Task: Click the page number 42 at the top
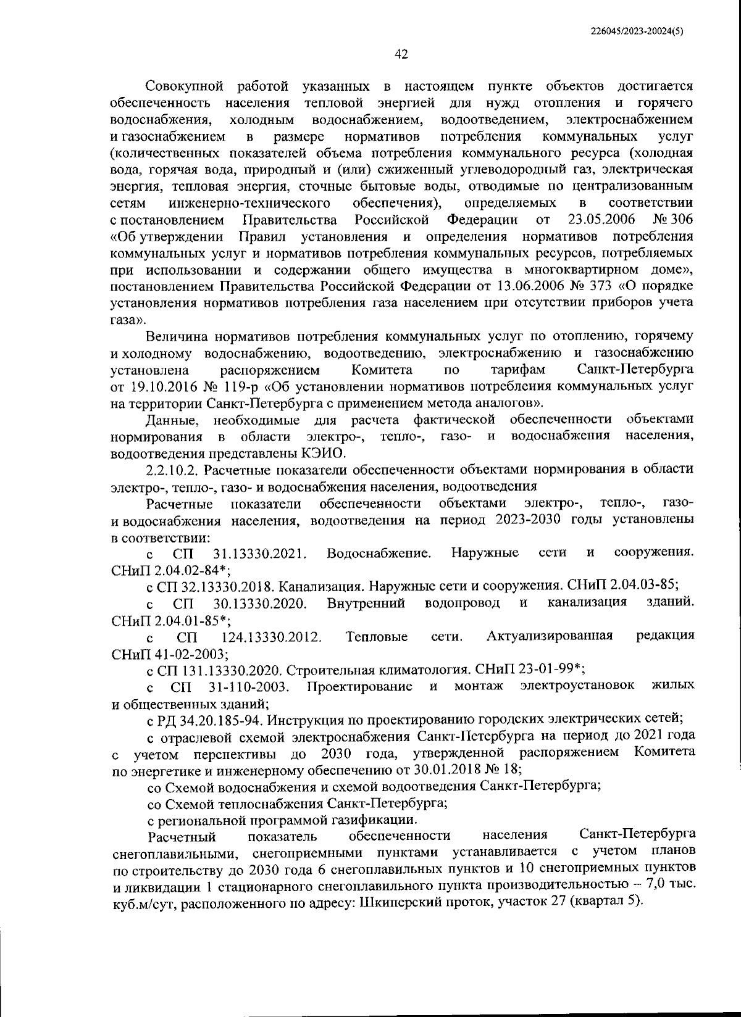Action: [401, 54]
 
